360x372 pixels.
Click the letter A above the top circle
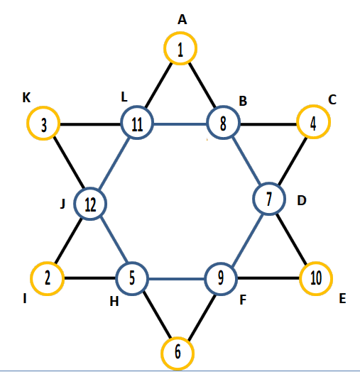click(182, 19)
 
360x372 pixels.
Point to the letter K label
click(26, 97)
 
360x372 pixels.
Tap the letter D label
click(302, 200)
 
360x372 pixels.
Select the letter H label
click(114, 302)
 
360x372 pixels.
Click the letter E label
click(342, 298)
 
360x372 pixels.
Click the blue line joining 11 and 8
click(180, 124)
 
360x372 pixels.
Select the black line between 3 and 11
click(90, 124)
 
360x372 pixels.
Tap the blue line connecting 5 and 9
click(177, 279)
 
